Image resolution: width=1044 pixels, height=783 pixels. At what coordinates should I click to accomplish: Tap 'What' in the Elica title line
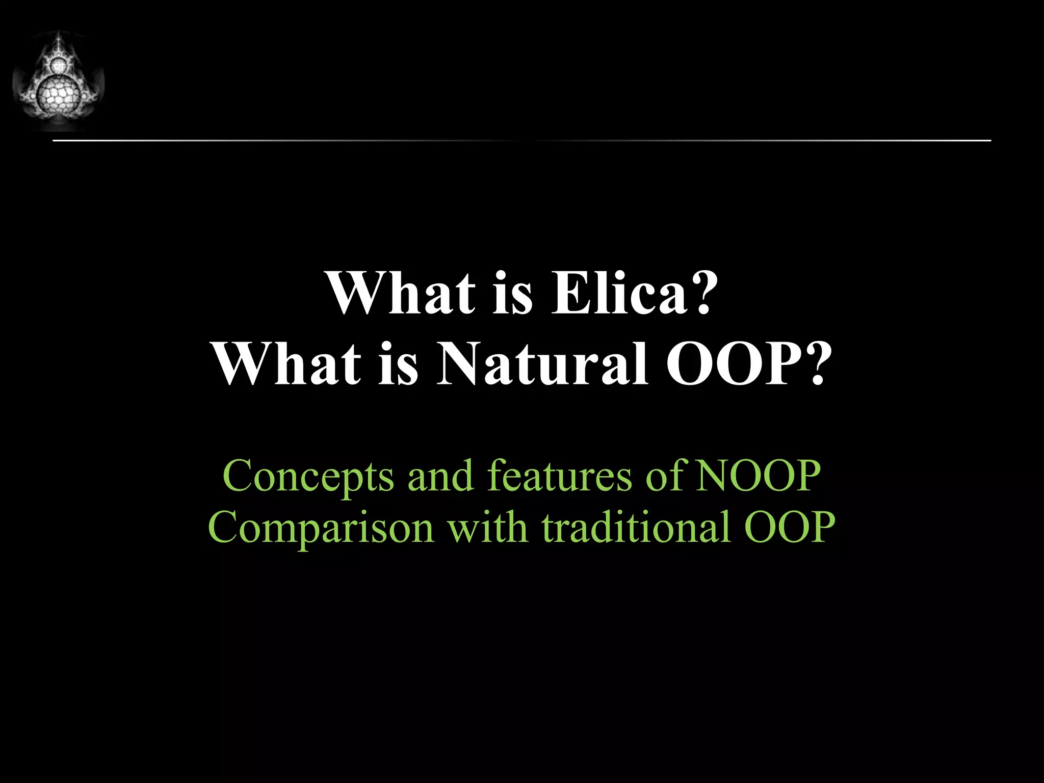pos(400,294)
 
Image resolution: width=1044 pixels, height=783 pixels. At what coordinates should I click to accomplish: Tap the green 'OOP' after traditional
pos(789,528)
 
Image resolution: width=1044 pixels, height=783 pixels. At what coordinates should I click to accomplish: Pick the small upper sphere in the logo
pos(59,65)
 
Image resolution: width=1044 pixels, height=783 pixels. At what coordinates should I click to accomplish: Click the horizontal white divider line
pos(521,140)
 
